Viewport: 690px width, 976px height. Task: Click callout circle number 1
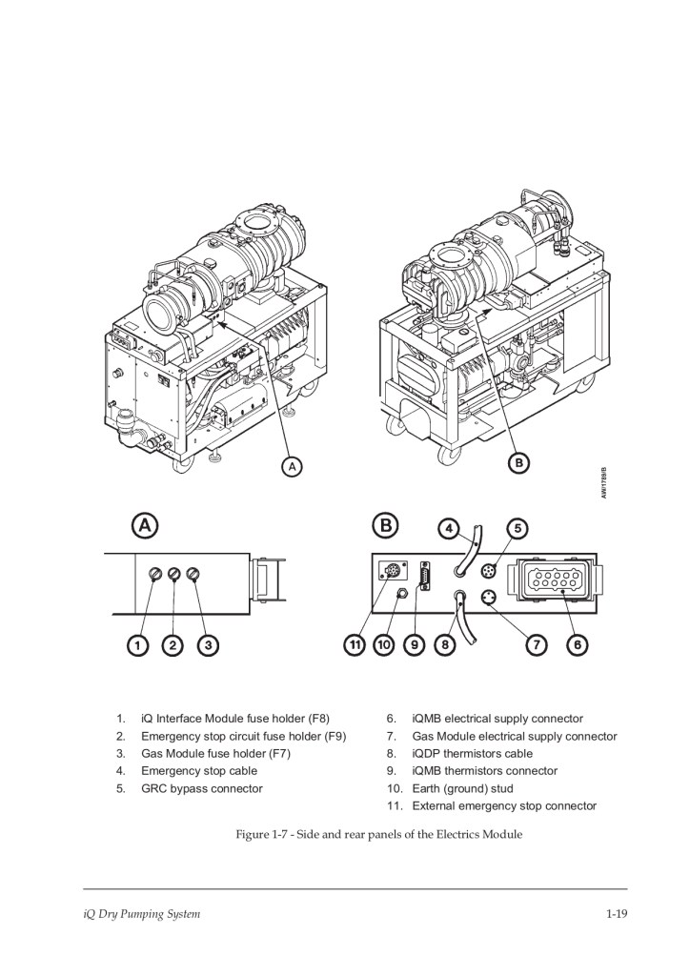coord(137,645)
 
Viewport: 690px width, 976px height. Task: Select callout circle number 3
coord(208,645)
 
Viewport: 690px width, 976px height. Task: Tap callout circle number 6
coord(578,645)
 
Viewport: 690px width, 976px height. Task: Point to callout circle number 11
coord(355,645)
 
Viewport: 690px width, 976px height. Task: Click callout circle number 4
coord(449,529)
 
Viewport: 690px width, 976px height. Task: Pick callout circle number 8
coord(445,645)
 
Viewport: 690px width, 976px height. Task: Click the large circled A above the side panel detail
coord(145,526)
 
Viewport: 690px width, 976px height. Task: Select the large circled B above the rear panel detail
coord(386,526)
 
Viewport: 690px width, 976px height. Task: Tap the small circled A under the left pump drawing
coord(292,465)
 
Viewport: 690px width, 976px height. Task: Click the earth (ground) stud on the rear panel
coord(402,593)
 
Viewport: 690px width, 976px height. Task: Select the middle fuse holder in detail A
coord(174,573)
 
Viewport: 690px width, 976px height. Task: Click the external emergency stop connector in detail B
coord(392,571)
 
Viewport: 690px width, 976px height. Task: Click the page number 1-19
coord(617,914)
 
